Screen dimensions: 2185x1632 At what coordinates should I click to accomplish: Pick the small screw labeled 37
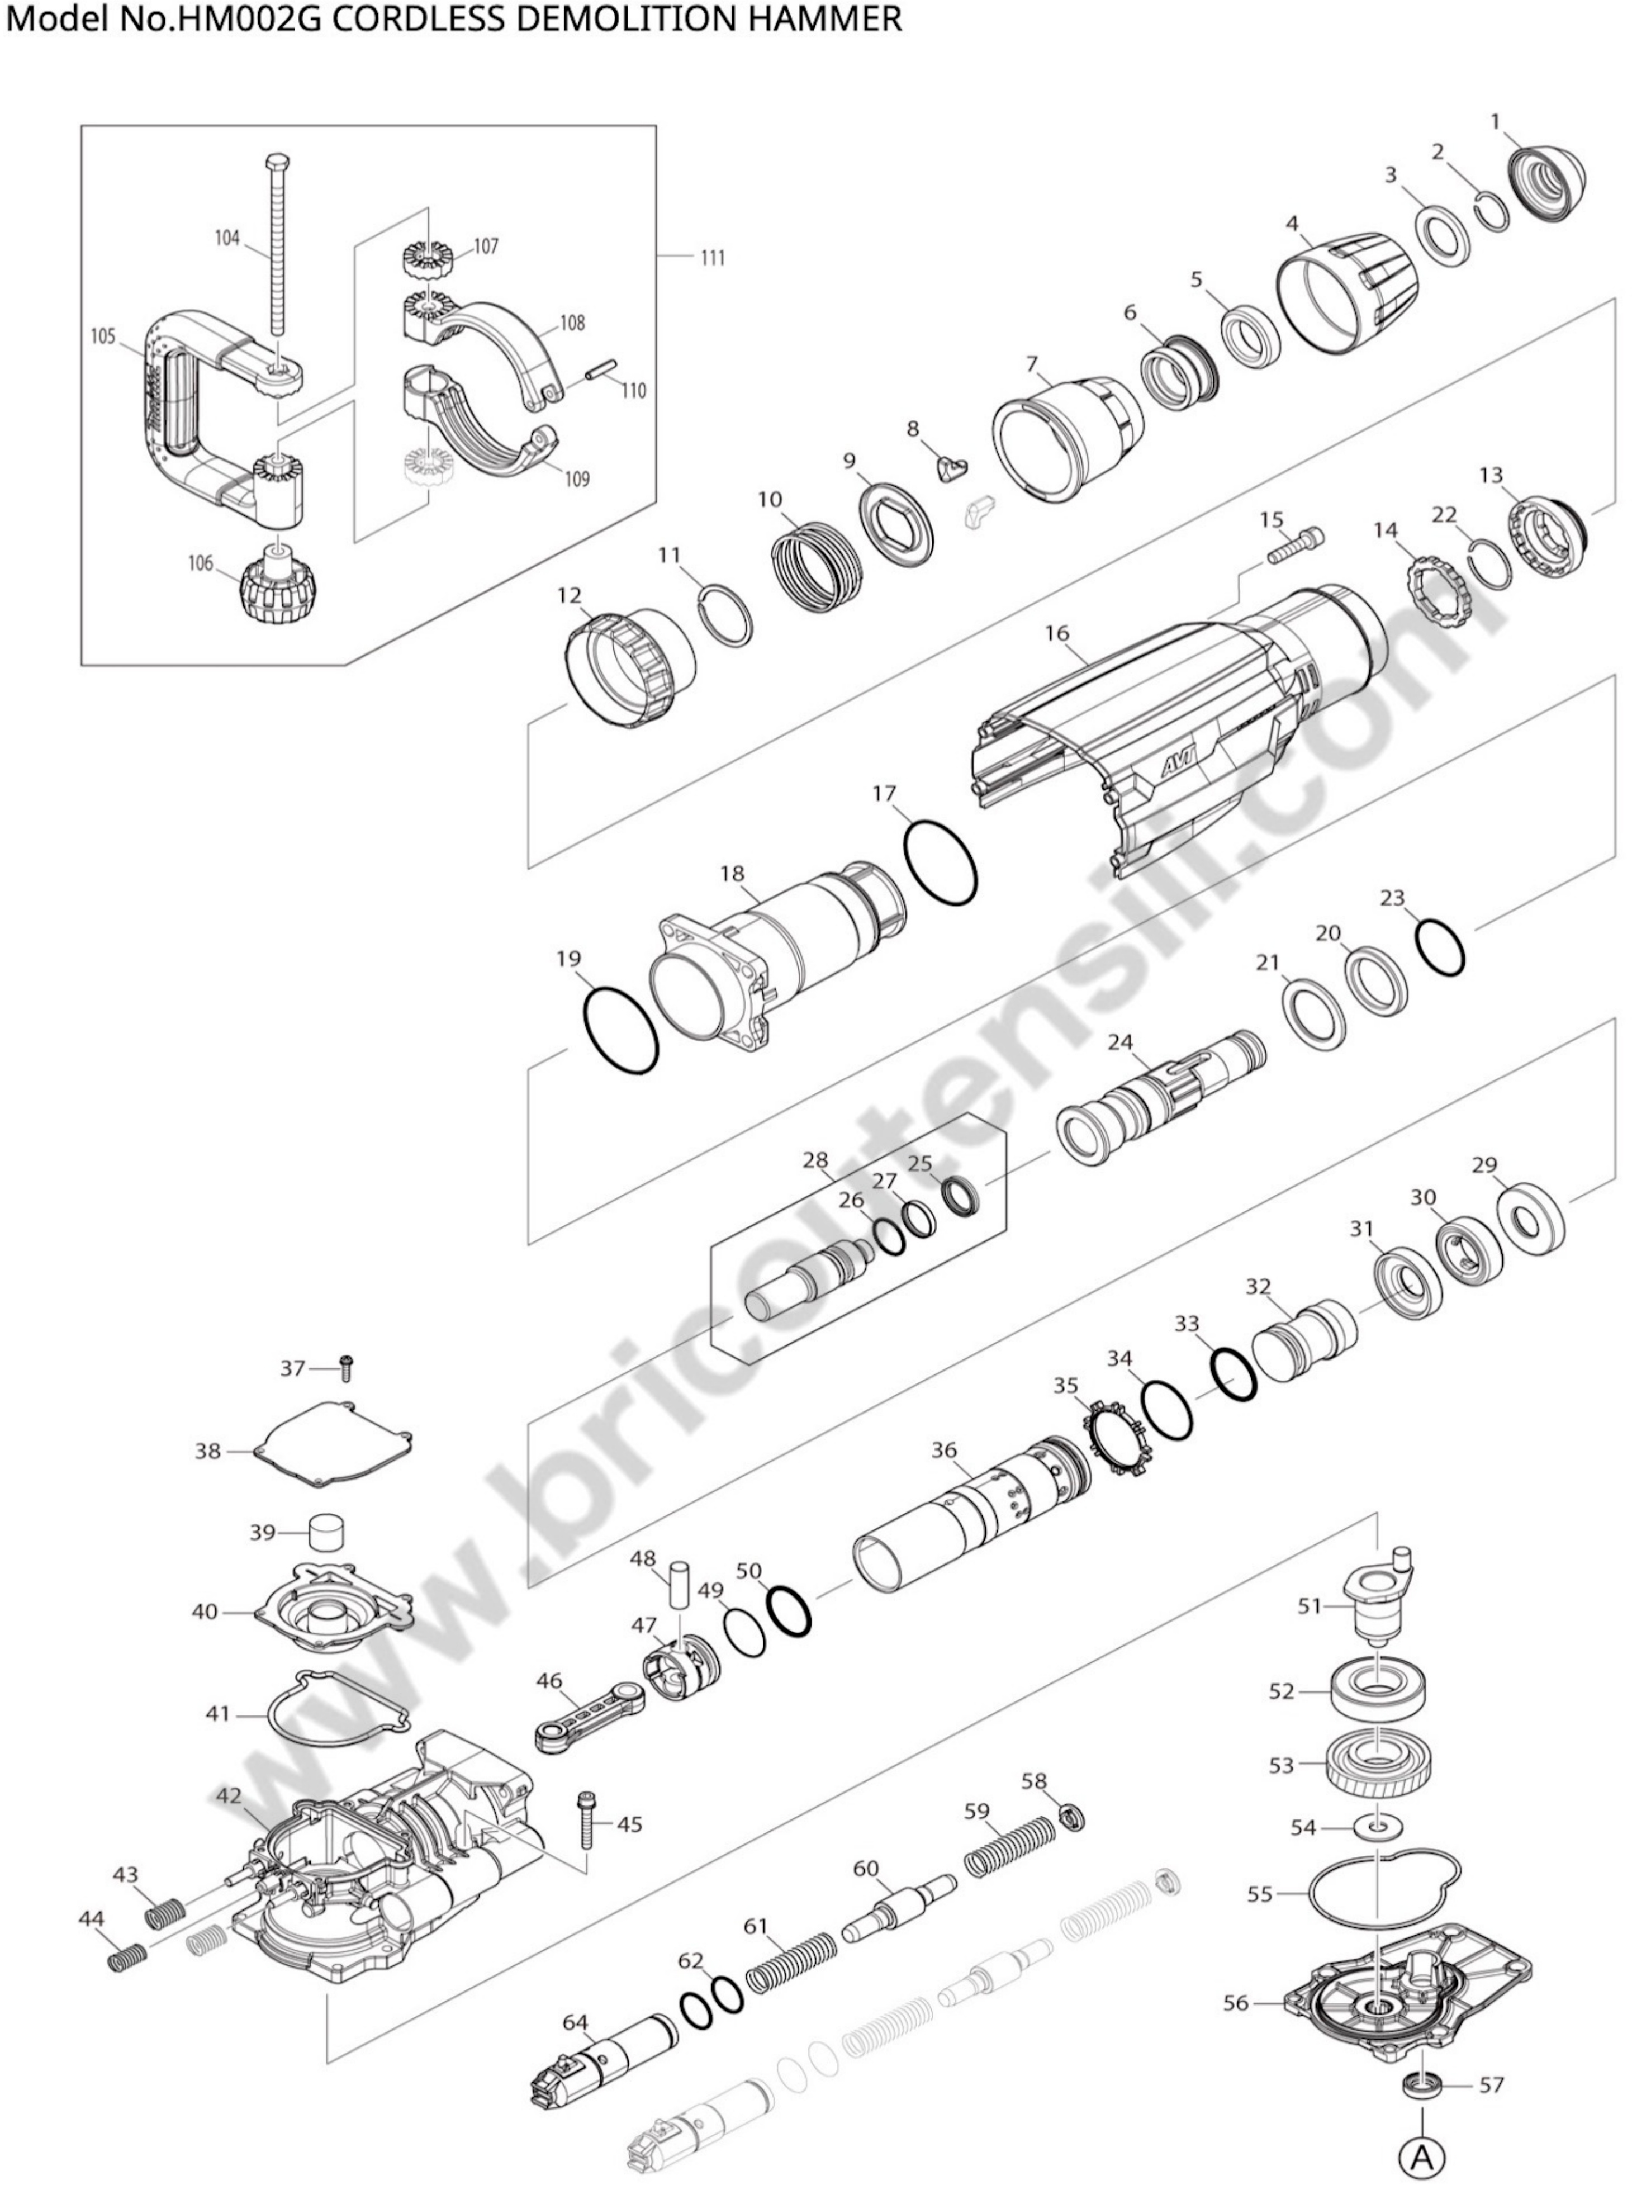(347, 1368)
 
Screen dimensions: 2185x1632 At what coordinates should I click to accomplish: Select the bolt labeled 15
(1293, 545)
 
